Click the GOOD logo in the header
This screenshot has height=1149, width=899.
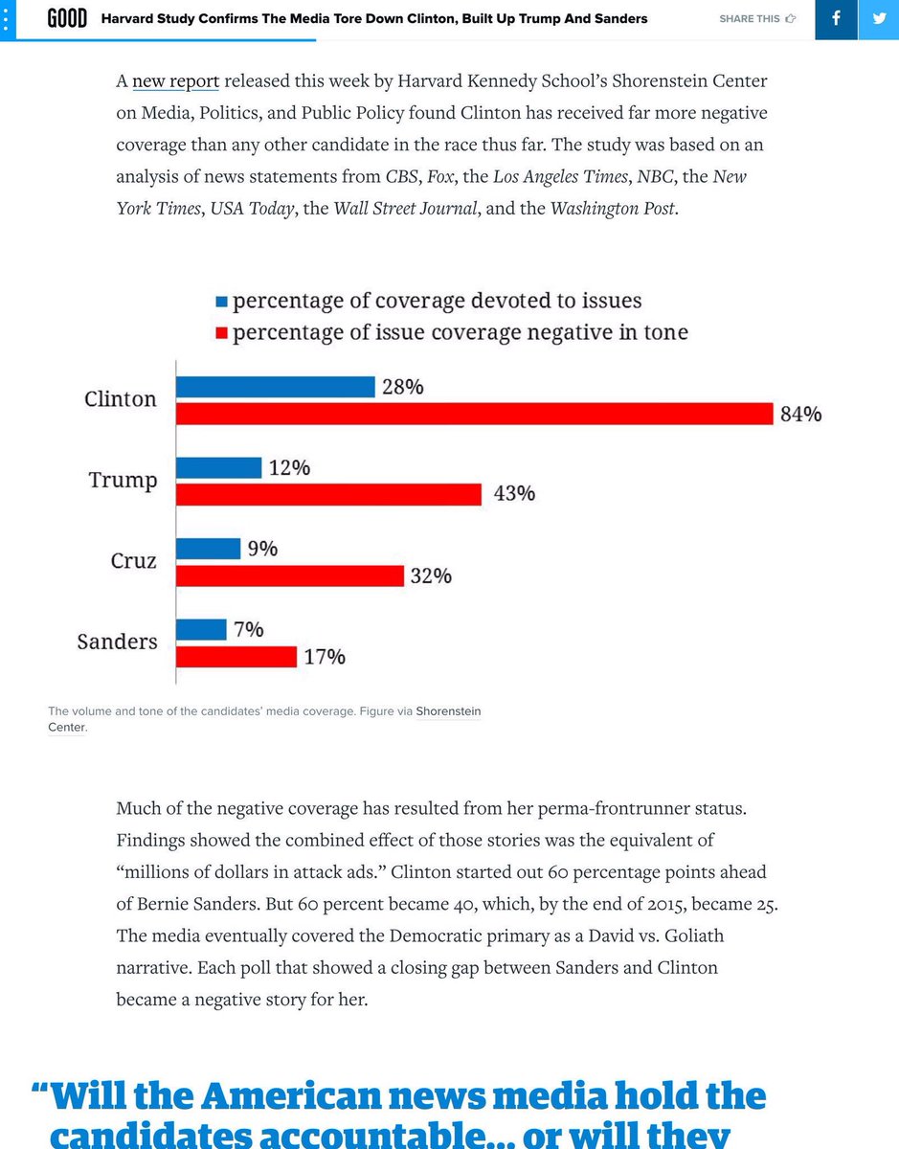(x=68, y=18)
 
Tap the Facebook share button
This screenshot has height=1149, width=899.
(x=836, y=19)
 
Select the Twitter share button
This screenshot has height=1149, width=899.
(x=878, y=19)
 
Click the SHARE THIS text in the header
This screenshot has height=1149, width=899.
(x=750, y=18)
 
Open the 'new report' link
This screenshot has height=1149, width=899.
(x=176, y=81)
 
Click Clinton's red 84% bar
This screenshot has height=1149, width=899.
(x=474, y=414)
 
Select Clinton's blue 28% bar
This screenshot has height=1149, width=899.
(x=275, y=387)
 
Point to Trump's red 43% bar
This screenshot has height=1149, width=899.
(x=328, y=494)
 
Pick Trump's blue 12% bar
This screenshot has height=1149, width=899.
(x=218, y=468)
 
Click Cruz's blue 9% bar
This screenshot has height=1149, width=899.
(x=208, y=549)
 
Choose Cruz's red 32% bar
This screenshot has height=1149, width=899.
(x=289, y=575)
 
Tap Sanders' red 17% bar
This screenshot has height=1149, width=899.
(x=236, y=657)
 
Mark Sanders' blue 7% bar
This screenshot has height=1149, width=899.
(x=201, y=629)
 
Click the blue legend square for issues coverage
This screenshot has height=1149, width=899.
(x=222, y=302)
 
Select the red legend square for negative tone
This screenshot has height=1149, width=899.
(x=222, y=333)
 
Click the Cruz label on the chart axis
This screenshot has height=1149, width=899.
(x=133, y=561)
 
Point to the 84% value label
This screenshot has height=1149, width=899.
(x=799, y=414)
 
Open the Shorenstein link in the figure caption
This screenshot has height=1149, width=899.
(x=448, y=711)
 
